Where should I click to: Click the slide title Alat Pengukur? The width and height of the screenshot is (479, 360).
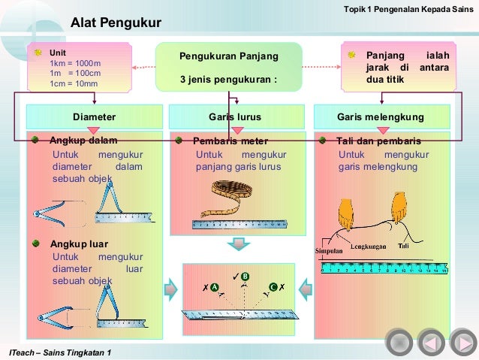pyautogui.click(x=116, y=23)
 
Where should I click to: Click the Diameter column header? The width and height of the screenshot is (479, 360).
pyautogui.click(x=95, y=117)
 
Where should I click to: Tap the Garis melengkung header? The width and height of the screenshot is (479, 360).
pyautogui.click(x=380, y=117)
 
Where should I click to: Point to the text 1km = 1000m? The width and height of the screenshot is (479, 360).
pyautogui.click(x=75, y=64)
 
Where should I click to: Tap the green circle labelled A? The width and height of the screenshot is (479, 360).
pyautogui.click(x=214, y=288)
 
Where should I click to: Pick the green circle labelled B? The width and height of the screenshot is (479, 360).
pyautogui.click(x=245, y=277)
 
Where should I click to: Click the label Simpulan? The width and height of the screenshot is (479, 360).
pyautogui.click(x=329, y=251)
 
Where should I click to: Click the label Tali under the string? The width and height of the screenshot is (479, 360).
pyautogui.click(x=404, y=245)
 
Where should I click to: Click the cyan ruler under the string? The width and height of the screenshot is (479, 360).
pyautogui.click(x=383, y=266)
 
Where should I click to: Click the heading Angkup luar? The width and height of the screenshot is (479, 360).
pyautogui.click(x=79, y=244)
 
